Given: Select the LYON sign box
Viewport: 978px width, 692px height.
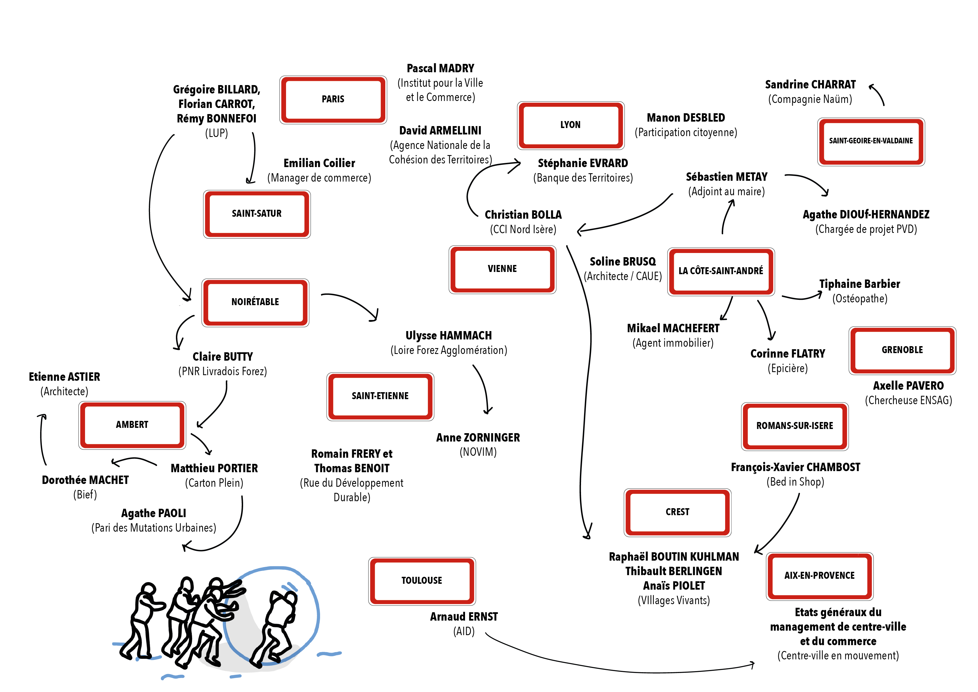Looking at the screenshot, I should point(570,125).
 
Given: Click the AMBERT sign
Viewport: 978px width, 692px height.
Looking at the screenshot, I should point(132,425).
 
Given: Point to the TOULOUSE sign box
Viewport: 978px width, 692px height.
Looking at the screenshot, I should point(422,581).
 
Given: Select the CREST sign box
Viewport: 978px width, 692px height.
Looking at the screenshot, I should point(677,512).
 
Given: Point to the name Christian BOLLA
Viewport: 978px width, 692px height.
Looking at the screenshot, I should point(523,215).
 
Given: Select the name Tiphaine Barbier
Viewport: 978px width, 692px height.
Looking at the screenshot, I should point(860,284).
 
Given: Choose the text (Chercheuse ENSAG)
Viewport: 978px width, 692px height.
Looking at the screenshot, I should point(908,401).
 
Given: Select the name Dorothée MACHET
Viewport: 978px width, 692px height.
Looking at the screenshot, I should point(85,480).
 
